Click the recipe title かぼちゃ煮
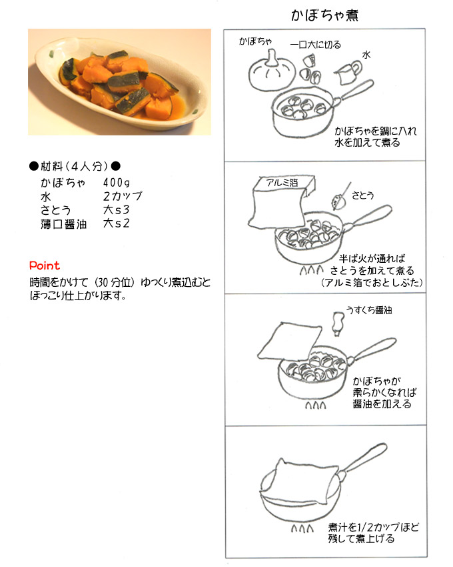(x=324, y=15)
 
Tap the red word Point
(x=45, y=265)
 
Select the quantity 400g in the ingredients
(x=117, y=182)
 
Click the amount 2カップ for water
(x=123, y=196)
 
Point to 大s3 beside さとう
(x=116, y=209)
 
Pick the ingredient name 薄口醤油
(x=63, y=224)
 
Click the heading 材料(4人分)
(x=75, y=166)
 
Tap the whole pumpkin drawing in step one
(x=271, y=73)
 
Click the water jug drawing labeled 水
(x=348, y=71)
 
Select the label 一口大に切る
(x=316, y=45)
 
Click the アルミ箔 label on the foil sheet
(x=282, y=183)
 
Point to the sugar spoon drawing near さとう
(x=341, y=197)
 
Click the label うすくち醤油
(x=369, y=310)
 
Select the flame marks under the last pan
(x=302, y=529)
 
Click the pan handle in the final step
(x=362, y=461)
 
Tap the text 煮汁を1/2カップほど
(x=374, y=527)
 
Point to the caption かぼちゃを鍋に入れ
(x=376, y=131)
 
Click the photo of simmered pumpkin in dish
(x=119, y=82)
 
